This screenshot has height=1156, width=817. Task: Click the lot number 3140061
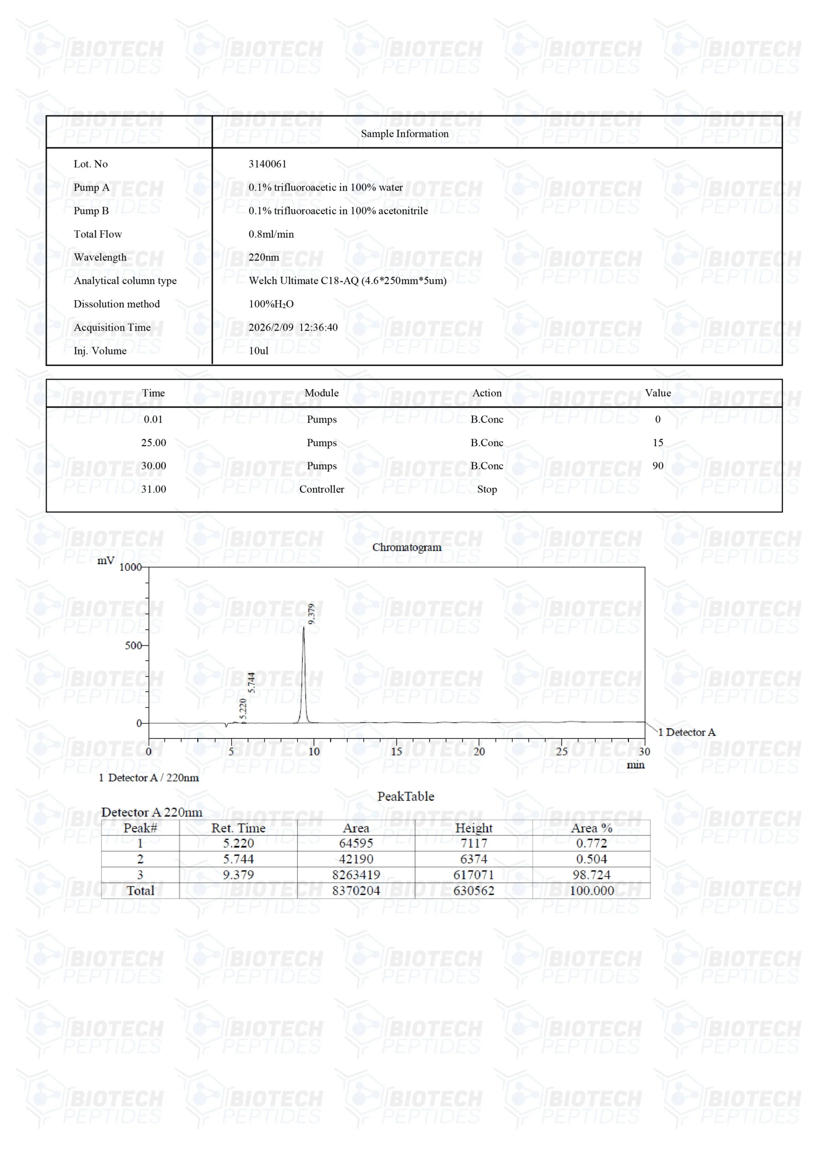tap(267, 163)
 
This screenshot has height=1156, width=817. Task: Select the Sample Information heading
tap(404, 133)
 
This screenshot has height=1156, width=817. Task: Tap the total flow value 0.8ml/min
tap(271, 233)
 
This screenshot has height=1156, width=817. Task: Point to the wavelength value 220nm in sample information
tap(263, 257)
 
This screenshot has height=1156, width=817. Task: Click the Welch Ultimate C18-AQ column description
tap(348, 280)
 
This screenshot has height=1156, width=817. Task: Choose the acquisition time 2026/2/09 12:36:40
tap(293, 327)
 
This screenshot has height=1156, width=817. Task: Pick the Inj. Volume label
tap(100, 350)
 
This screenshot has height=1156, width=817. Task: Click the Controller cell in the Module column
tap(322, 489)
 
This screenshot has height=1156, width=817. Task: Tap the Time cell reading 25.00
tap(153, 443)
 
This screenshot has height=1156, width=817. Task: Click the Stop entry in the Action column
tap(487, 489)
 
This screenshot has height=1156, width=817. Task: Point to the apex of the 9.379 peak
tap(303, 627)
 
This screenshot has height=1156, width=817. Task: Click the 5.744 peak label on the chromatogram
tap(252, 682)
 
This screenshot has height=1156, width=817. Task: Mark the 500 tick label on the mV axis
tap(134, 645)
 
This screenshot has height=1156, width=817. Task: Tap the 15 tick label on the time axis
tap(396, 752)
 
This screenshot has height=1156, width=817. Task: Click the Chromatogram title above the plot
tap(407, 547)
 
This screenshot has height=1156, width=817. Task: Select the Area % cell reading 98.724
tap(591, 875)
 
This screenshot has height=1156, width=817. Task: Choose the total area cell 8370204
tap(356, 890)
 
